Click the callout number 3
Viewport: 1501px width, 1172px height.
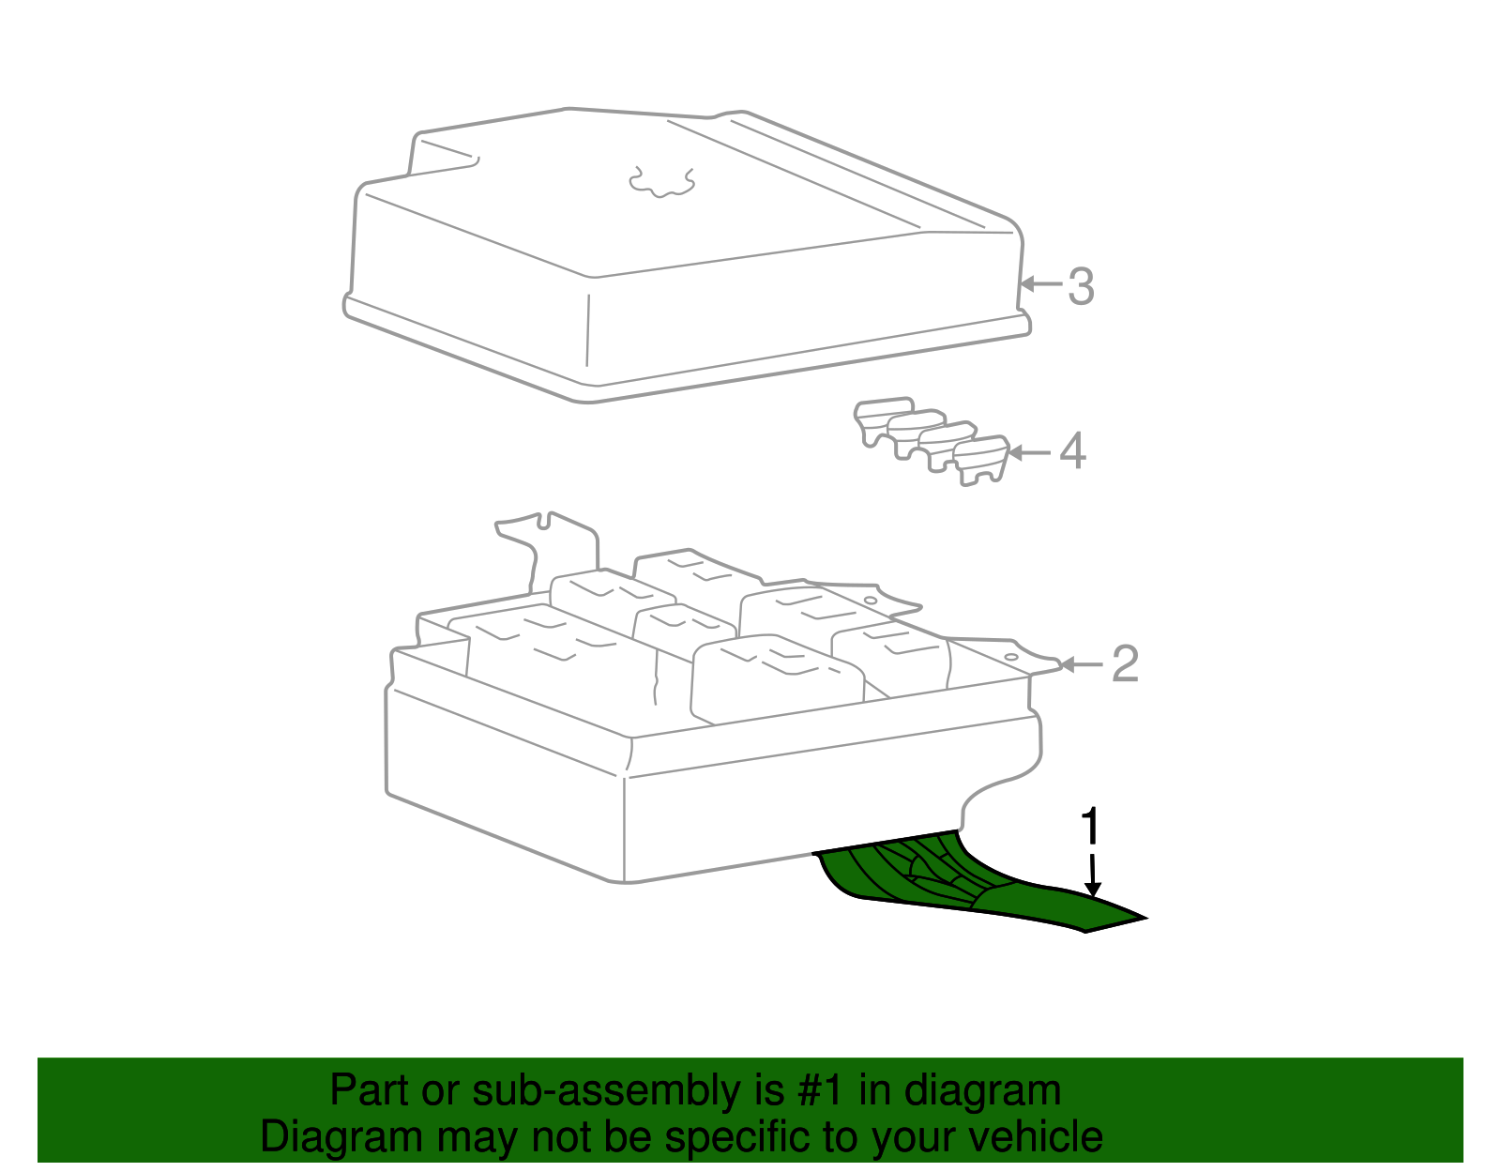coord(1081,286)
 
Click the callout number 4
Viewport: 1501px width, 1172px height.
coord(1072,451)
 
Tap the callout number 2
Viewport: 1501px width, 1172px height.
coord(1125,663)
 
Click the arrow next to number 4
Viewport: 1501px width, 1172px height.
coord(1029,453)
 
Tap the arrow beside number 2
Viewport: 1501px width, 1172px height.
coord(1081,665)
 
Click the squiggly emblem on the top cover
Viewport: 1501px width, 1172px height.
coord(661,182)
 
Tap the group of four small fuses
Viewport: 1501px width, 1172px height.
coord(932,441)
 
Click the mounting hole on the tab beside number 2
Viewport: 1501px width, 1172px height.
coord(1010,657)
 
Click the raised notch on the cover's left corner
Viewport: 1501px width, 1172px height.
coord(442,152)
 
